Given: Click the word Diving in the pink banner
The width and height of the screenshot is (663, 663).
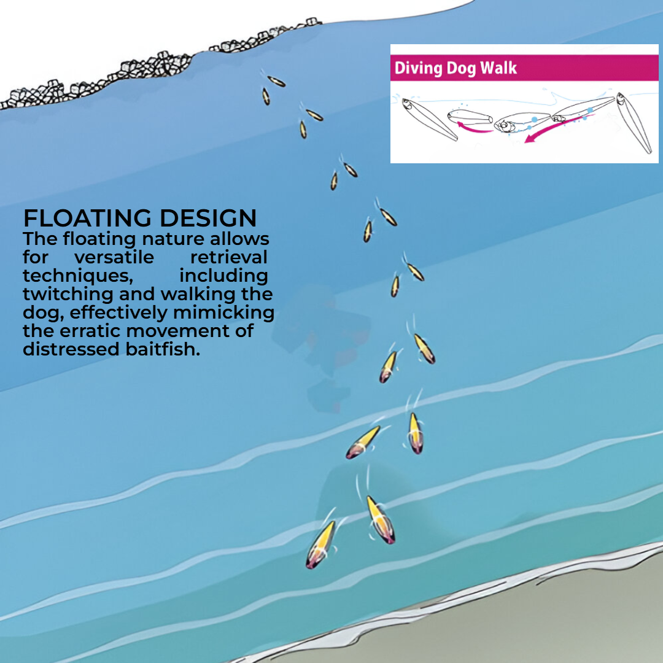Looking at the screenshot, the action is pos(418,68).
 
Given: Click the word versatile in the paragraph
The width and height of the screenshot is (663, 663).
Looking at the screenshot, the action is pos(114,257).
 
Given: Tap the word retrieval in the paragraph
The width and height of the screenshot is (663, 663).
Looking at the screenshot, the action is pos(229,257).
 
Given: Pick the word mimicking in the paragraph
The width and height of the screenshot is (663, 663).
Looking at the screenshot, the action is pos(223,313).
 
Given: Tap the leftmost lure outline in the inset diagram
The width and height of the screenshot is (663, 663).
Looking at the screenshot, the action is pos(429,119).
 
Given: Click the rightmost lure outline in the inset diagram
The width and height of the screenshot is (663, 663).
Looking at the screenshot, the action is pos(634,123).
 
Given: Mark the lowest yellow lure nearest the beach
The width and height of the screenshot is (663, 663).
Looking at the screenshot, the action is pos(320,545).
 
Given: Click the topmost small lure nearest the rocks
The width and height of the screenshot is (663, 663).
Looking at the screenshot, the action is pos(276,81).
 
